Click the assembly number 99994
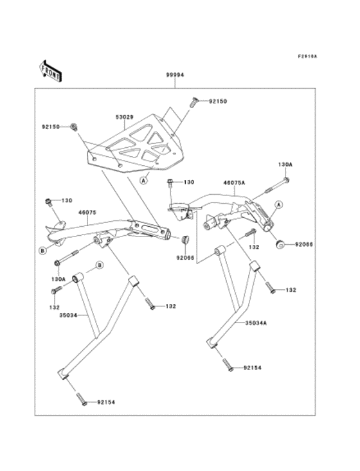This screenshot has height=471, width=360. pyautogui.click(x=175, y=75)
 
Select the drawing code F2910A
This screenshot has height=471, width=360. pyautogui.click(x=307, y=56)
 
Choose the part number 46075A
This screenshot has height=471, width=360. pyautogui.click(x=234, y=182)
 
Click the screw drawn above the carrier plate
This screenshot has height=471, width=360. pyautogui.click(x=193, y=100)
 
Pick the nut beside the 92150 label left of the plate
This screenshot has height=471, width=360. pyautogui.click(x=74, y=127)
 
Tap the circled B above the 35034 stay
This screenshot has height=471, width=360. pyautogui.click(x=100, y=265)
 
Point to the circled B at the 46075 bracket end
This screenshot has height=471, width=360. pyautogui.click(x=42, y=250)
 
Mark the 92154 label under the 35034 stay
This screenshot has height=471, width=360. pyautogui.click(x=106, y=402)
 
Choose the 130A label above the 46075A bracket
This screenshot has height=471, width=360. pyautogui.click(x=285, y=164)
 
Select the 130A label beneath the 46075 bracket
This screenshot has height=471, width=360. pyautogui.click(x=59, y=280)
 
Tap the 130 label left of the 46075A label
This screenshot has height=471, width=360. pyautogui.click(x=188, y=182)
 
